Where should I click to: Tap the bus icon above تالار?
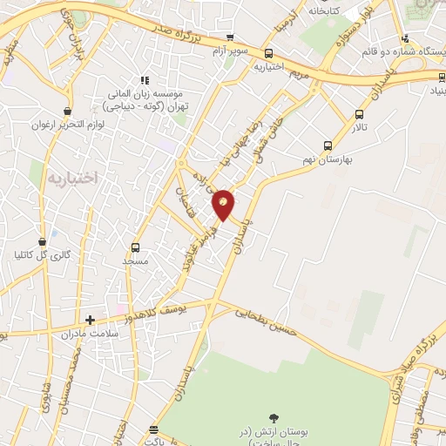coord(358,114)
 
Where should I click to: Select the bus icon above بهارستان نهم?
coord(328,145)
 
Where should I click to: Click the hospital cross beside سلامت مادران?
coord(90,320)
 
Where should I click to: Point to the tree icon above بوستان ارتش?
coord(275,419)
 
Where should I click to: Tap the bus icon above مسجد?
coord(135,247)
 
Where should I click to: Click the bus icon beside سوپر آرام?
coord(229,37)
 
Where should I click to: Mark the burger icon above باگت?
coord(154,430)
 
